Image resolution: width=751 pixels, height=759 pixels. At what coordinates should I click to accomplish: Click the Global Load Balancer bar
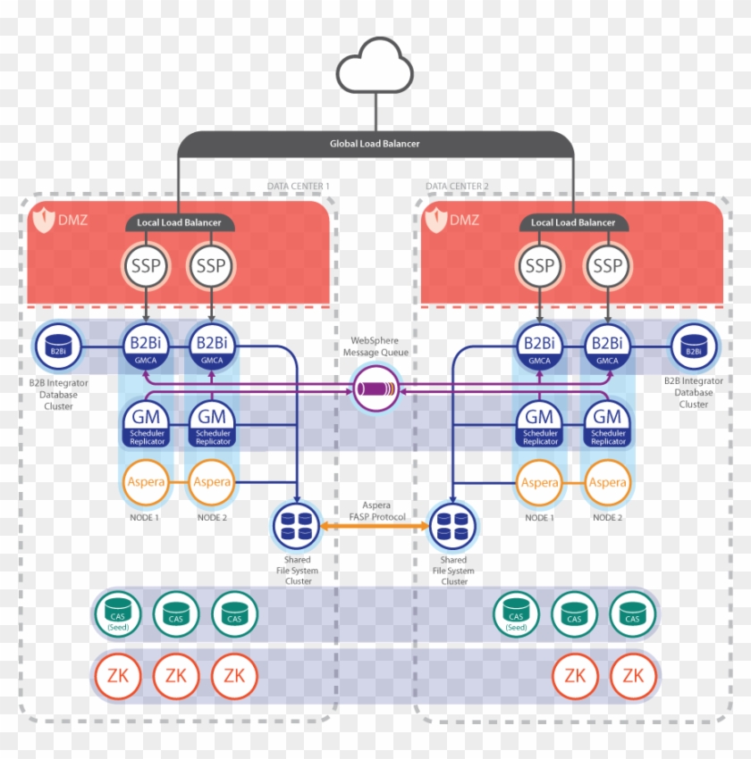pyautogui.click(x=375, y=144)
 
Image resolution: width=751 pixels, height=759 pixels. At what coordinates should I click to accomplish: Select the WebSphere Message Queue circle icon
pyautogui.click(x=375, y=388)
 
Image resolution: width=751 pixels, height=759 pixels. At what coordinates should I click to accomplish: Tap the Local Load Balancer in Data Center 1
pyautogui.click(x=179, y=222)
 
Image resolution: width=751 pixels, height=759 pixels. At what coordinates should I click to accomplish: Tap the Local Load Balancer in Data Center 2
pyautogui.click(x=573, y=222)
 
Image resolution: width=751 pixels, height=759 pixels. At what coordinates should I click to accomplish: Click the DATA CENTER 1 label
pyautogui.click(x=299, y=187)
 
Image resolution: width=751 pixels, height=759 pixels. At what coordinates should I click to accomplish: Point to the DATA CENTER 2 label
pyautogui.click(x=457, y=187)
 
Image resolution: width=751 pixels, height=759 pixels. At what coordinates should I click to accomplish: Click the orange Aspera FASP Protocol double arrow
pyautogui.click(x=375, y=528)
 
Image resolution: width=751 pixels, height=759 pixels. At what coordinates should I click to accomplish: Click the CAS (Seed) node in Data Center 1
pyautogui.click(x=118, y=613)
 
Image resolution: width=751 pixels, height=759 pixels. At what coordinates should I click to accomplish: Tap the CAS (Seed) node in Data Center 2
pyautogui.click(x=517, y=613)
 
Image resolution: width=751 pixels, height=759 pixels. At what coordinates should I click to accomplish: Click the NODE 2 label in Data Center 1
pyautogui.click(x=212, y=518)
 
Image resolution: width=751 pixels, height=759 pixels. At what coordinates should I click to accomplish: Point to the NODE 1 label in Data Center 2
pyautogui.click(x=539, y=518)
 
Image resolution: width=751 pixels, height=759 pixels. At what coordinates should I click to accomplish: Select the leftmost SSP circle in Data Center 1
pyautogui.click(x=144, y=266)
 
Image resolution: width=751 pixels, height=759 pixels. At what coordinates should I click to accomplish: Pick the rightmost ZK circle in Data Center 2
pyautogui.click(x=633, y=676)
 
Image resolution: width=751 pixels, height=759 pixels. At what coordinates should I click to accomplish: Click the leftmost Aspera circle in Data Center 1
pyautogui.click(x=144, y=482)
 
